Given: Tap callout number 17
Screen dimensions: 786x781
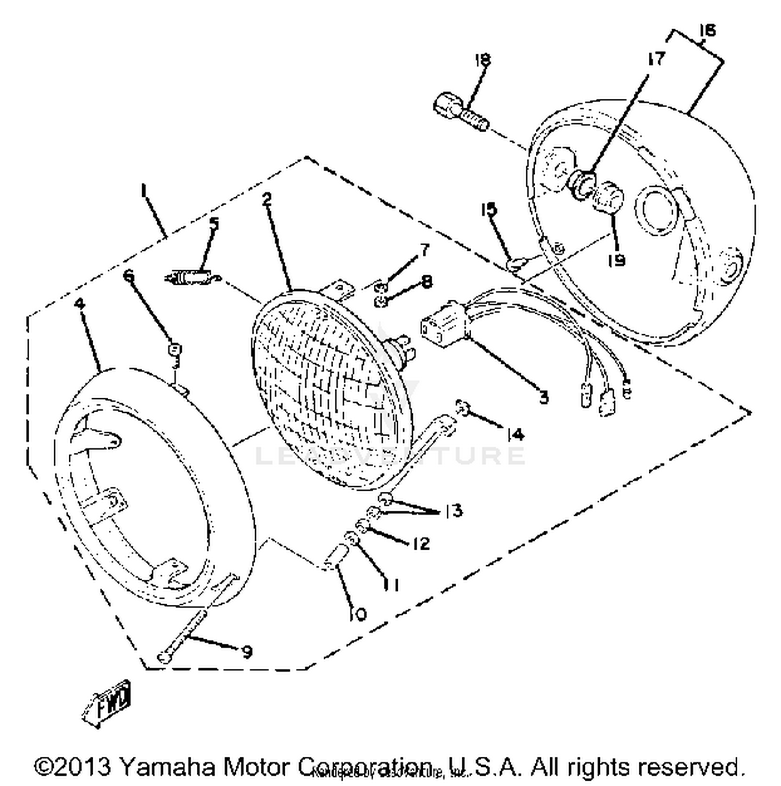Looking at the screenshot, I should click(x=656, y=59).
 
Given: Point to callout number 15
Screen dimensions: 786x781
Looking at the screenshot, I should click(x=488, y=210).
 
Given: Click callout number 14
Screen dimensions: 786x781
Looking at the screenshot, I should click(x=515, y=434).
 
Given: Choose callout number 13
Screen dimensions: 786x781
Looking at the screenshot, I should click(x=454, y=511).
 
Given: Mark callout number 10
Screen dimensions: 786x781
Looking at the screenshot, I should click(x=358, y=614).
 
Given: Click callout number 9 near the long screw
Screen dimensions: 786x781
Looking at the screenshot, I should click(x=246, y=651).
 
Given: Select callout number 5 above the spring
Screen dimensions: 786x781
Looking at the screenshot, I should click(x=214, y=224).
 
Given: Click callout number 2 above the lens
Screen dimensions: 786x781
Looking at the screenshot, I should click(x=267, y=198).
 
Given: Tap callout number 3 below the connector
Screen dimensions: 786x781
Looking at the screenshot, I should click(x=543, y=398).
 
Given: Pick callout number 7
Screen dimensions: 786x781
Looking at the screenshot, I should click(x=425, y=250).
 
